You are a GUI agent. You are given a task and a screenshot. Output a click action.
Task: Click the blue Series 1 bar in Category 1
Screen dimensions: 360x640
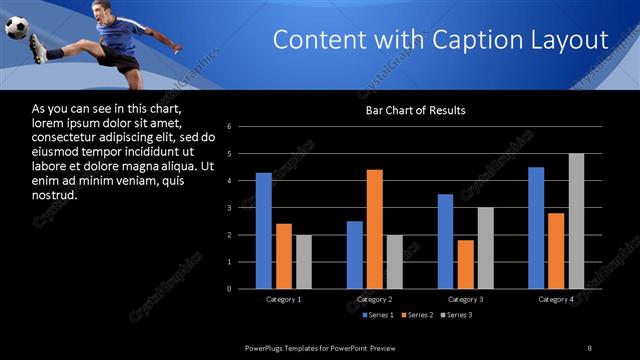coord(263,231)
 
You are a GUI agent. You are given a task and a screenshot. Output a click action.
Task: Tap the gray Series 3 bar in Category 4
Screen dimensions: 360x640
coord(576,221)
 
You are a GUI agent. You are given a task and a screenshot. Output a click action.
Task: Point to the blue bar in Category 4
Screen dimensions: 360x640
coord(536,228)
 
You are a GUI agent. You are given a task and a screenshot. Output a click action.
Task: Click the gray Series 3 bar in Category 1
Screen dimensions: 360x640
coord(303,262)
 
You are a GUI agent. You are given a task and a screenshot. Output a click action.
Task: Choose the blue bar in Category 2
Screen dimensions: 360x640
coord(355,255)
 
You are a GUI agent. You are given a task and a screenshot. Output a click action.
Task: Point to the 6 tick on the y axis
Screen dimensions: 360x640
coord(229,127)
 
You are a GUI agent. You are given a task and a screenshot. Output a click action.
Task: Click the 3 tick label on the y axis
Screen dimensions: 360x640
coord(229,208)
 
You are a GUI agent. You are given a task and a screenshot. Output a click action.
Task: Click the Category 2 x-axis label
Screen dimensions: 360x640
coord(375,299)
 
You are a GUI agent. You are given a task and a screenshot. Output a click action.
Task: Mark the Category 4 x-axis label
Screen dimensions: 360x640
coord(556,299)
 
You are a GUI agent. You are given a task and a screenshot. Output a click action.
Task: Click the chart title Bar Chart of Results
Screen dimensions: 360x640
coord(414,109)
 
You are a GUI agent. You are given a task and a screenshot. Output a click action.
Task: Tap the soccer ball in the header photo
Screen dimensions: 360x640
coord(17,28)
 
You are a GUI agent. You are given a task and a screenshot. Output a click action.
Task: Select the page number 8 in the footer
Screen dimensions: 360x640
coord(590,347)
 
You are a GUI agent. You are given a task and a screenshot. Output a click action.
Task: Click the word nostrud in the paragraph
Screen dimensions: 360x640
coord(55,194)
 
